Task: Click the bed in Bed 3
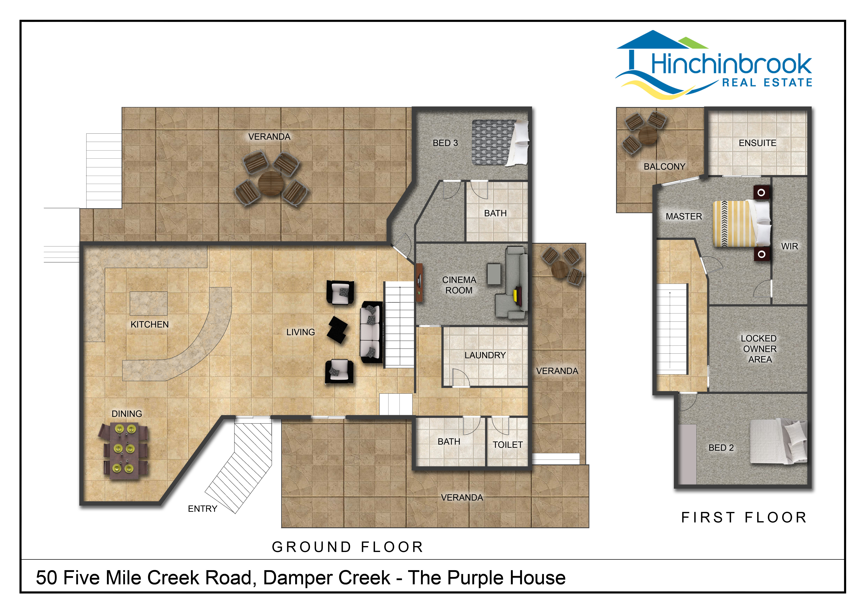tap(501, 143)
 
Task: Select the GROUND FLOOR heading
tap(347, 547)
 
